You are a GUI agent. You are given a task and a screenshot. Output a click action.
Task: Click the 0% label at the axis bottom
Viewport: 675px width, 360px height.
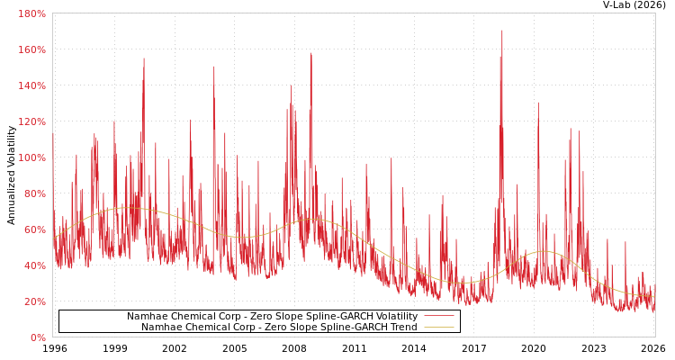point(38,337)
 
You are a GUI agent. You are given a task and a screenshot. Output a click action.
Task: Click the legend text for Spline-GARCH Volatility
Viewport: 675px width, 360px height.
point(272,317)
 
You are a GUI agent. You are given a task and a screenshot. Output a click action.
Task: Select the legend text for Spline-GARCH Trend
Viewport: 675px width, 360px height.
point(279,327)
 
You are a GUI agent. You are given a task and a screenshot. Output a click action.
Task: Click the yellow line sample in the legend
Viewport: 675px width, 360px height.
point(438,327)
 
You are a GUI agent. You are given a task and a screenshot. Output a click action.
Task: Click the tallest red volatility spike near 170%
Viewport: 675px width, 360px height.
point(502,31)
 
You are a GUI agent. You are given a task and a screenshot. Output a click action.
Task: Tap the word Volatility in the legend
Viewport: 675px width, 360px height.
point(396,317)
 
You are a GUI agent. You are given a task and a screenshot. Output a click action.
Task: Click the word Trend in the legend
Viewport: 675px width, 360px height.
point(403,327)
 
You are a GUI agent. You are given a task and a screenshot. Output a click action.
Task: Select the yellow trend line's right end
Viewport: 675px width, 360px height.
point(654,295)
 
